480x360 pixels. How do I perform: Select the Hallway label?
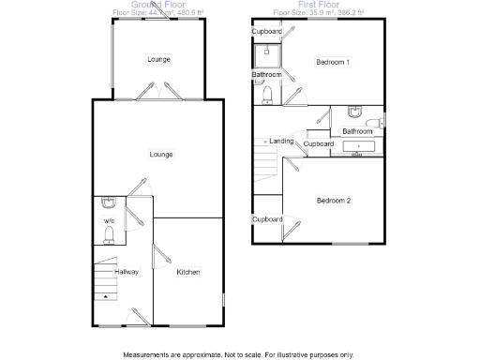coord(127,273)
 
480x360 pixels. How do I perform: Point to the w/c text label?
coord(108,221)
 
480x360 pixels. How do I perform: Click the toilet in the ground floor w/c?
coord(109,233)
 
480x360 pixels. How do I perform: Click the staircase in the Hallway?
coord(104,277)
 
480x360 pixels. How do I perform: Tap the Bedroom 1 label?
coord(333,63)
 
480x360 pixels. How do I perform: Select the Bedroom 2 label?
coord(333,201)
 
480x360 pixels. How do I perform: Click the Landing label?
coord(281,142)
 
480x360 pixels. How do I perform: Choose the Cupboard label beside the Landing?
coord(319,143)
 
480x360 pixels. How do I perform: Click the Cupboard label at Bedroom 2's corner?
coord(266,219)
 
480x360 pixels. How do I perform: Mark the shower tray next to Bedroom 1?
coord(266,52)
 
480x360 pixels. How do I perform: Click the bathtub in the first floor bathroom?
coord(359,146)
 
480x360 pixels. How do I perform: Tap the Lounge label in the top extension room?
coord(158,60)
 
